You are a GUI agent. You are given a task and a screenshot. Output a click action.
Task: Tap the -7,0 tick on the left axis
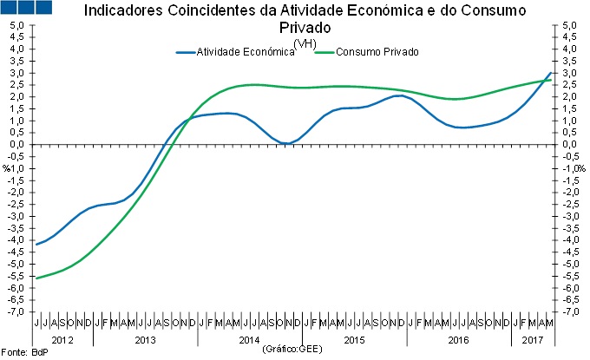(x=16, y=311)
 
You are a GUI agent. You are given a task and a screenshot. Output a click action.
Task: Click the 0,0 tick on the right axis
(x=569, y=144)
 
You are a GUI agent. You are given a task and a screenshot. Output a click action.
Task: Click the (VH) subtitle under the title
(x=305, y=43)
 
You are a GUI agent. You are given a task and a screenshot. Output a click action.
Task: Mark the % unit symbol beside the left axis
(x=7, y=167)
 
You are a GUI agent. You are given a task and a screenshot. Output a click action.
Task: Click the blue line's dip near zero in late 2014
(x=285, y=143)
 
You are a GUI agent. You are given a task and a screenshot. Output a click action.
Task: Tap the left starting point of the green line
(x=36, y=278)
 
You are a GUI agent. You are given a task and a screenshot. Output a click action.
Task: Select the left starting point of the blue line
(x=36, y=245)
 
